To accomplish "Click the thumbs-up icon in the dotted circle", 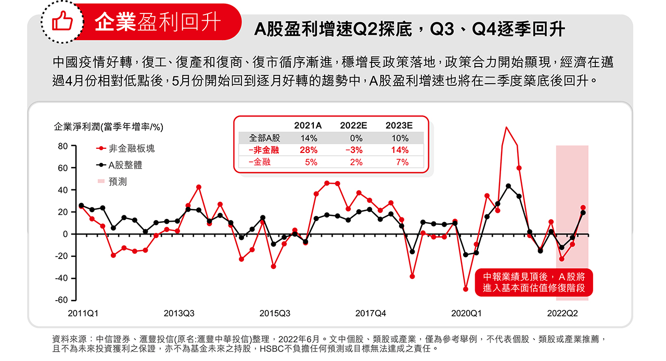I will [61, 22].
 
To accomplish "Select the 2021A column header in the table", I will [308, 125].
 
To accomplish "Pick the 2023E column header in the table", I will [399, 125].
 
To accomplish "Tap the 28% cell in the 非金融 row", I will [309, 150].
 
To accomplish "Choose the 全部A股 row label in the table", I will [264, 138].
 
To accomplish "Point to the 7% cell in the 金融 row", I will [402, 162].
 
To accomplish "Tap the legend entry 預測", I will [118, 182].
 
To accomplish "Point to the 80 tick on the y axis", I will [62, 146].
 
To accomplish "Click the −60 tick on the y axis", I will [61, 300].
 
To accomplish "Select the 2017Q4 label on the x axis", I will [370, 314].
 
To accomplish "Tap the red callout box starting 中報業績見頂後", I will [534, 282].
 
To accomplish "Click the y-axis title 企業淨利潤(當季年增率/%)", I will [109, 127].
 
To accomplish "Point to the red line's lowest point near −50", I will [466, 289].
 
